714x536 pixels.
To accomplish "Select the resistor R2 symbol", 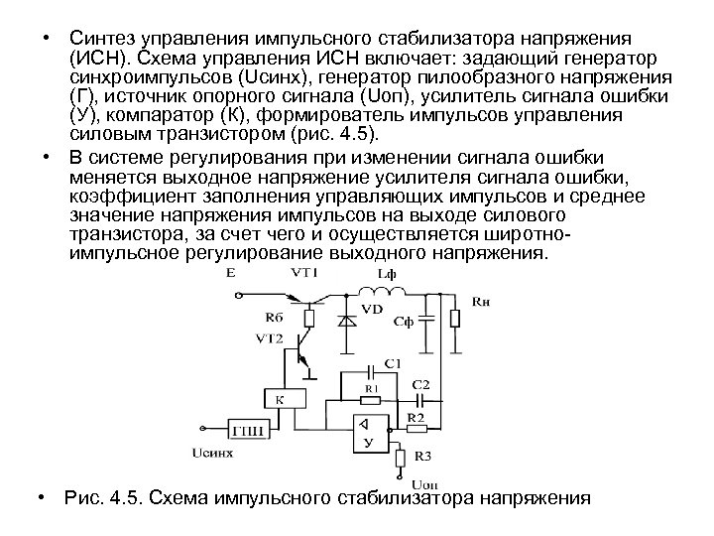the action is click(416, 429).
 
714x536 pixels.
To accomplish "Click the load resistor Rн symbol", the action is click(454, 318).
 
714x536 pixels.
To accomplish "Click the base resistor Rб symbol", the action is click(308, 318).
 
